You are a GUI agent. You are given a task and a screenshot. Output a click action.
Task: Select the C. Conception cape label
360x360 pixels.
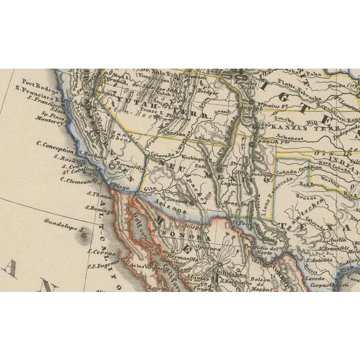coord(55,151)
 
